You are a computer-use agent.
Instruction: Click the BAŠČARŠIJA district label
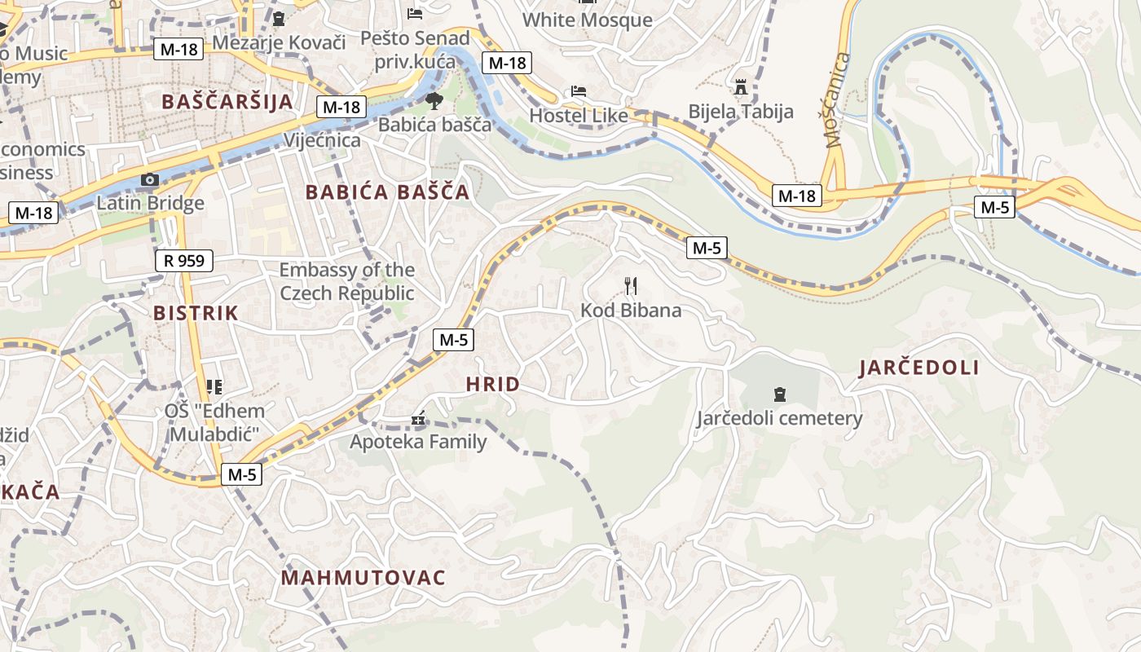pyautogui.click(x=227, y=102)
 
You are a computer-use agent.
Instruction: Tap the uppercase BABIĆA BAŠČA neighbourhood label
pyautogui.click(x=387, y=192)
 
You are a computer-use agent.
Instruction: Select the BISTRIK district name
pyautogui.click(x=196, y=313)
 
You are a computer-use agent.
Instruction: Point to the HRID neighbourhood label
pyautogui.click(x=492, y=385)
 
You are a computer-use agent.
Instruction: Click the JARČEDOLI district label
pyautogui.click(x=919, y=368)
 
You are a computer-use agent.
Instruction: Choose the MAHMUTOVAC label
pyautogui.click(x=363, y=578)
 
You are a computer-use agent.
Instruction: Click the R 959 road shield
pyautogui.click(x=184, y=261)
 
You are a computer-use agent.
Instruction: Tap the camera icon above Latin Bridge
pyautogui.click(x=150, y=180)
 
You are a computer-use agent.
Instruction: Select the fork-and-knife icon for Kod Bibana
pyautogui.click(x=630, y=286)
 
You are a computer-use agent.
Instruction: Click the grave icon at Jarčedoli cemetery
pyautogui.click(x=779, y=394)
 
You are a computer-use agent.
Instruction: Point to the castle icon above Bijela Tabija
pyautogui.click(x=741, y=86)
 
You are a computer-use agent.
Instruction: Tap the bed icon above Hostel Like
pyautogui.click(x=579, y=91)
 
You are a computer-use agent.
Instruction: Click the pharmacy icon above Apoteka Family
pyautogui.click(x=418, y=420)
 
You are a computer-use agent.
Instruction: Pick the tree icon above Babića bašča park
pyautogui.click(x=434, y=101)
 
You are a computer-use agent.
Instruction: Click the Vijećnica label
pyautogui.click(x=322, y=140)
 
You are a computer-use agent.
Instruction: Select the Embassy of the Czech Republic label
pyautogui.click(x=346, y=281)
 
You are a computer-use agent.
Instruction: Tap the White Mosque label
pyautogui.click(x=587, y=20)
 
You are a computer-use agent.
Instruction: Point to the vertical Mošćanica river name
pyautogui.click(x=837, y=99)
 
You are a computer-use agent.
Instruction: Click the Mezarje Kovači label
pyautogui.click(x=279, y=42)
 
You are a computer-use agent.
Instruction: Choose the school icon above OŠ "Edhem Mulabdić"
pyautogui.click(x=214, y=386)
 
